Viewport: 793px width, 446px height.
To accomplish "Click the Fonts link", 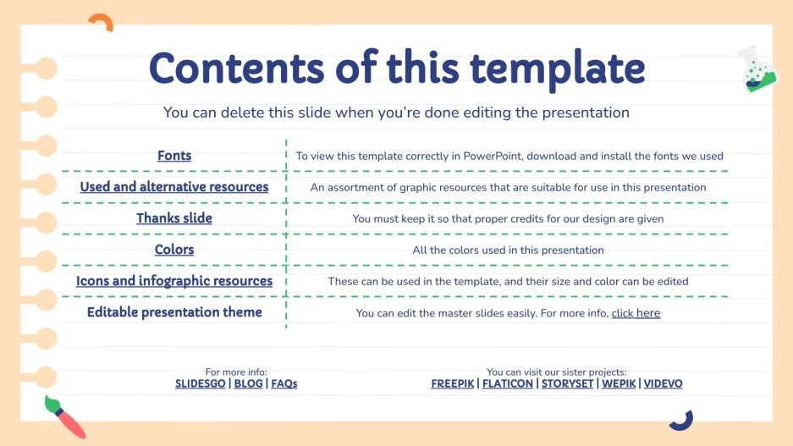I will [174, 156].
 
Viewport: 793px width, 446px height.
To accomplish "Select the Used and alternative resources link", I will [174, 187].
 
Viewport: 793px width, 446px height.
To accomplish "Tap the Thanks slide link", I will [174, 218].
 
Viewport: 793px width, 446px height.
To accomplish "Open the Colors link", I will [174, 250].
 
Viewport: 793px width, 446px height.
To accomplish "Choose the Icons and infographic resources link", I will [174, 281].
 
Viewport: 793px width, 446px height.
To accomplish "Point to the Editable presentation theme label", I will [174, 312].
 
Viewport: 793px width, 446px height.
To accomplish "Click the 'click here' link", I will [636, 313].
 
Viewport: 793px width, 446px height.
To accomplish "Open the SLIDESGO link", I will [200, 383].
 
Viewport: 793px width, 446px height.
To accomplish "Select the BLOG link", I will [248, 383].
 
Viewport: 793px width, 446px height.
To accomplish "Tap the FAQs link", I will [284, 383].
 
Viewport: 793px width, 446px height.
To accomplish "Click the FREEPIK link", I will [453, 383].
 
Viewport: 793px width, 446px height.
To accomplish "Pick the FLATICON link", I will [508, 383].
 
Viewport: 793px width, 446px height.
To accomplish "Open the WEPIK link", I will [618, 383].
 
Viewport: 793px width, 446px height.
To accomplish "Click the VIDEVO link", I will [663, 383].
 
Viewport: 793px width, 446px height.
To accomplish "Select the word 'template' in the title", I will [553, 69].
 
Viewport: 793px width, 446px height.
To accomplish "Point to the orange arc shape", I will [100, 22].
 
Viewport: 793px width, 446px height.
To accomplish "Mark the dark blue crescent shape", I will [680, 420].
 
